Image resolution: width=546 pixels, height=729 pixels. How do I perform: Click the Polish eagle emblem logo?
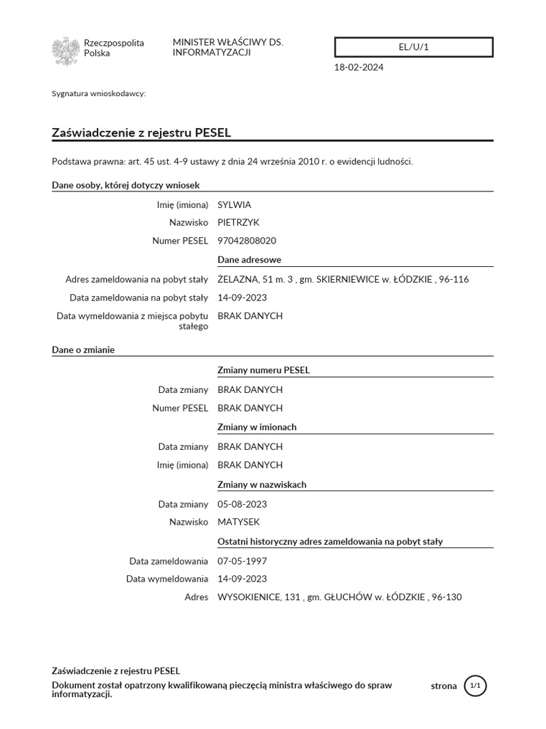[65, 51]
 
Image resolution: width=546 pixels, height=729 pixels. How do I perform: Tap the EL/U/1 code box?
[414, 47]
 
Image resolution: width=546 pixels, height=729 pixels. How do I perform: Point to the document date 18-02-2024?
[360, 68]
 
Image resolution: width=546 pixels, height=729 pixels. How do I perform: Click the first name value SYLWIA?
[234, 204]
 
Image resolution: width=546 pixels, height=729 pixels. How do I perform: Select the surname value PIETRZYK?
[238, 223]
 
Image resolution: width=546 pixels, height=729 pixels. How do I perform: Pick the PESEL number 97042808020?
[247, 241]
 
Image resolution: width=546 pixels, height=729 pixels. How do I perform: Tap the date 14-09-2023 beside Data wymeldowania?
[242, 579]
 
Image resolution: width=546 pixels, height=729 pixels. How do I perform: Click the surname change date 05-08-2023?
[242, 504]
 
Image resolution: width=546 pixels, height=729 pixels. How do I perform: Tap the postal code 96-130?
[446, 597]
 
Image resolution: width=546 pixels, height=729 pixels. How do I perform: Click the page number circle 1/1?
[476, 686]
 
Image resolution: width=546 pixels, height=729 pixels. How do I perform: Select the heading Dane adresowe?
[249, 260]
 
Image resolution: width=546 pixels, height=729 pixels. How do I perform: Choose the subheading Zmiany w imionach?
[257, 427]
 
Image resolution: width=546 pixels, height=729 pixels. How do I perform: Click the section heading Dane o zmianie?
[83, 350]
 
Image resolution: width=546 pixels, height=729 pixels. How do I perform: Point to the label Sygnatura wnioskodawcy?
[99, 93]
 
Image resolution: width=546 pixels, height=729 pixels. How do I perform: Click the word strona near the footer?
[444, 686]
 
